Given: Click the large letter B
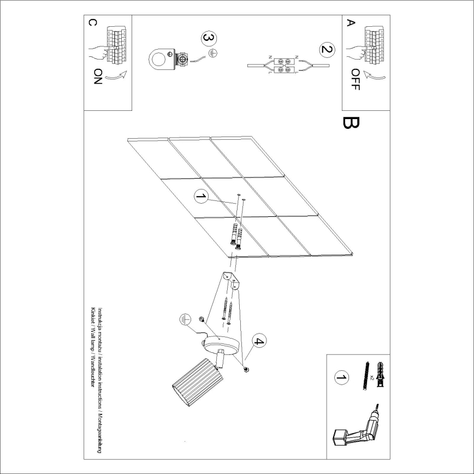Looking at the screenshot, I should coord(349,123).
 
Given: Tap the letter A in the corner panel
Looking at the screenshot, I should coord(351,23).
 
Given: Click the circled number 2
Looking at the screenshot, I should coord(326,50).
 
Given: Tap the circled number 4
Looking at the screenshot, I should coord(258,342).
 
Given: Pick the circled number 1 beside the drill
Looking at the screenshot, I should coord(341,377).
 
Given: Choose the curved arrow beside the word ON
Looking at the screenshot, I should coord(115,76).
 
